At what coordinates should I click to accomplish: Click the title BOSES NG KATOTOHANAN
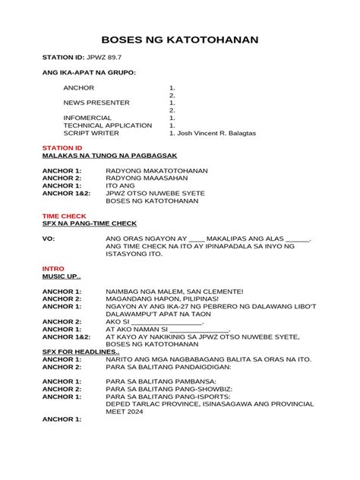coord(180,39)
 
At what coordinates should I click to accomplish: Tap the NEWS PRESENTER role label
coord(96,103)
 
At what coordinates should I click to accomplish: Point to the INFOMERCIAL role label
coord(87,118)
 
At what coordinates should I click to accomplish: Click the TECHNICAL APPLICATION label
coord(108,125)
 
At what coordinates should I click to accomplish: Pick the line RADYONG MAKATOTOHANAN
coord(156,170)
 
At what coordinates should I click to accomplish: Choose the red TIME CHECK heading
coord(63,216)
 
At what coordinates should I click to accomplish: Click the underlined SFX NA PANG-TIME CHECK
coord(89,223)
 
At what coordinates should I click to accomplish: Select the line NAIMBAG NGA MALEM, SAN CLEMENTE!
coord(175,291)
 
